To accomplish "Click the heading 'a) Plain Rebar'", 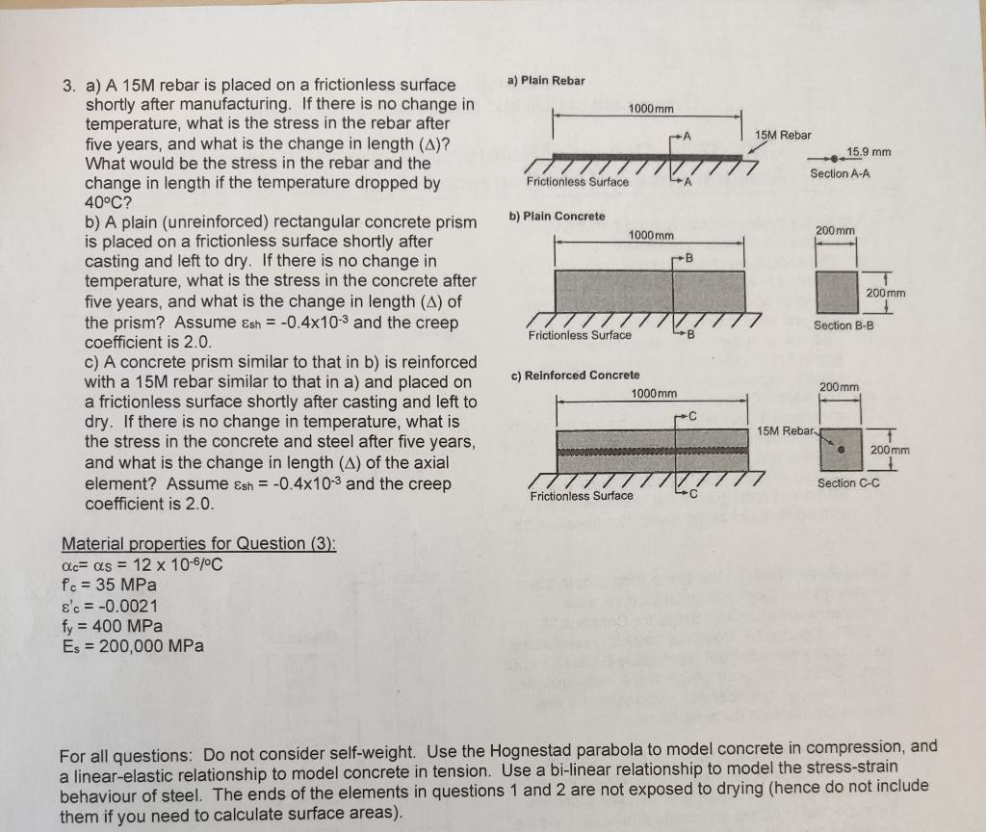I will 545,80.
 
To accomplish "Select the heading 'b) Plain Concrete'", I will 557,216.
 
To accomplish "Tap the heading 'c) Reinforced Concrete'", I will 575,375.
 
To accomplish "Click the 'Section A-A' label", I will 842,173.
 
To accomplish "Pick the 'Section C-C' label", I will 847,482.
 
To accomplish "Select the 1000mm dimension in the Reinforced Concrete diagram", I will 654,394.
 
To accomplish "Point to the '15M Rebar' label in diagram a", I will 783,135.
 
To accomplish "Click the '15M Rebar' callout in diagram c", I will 783,429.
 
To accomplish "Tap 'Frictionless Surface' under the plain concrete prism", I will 580,335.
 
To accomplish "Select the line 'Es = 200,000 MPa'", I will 131,646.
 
